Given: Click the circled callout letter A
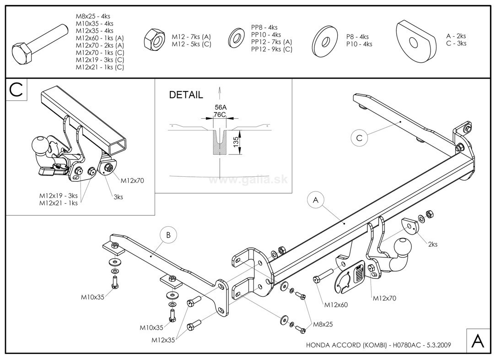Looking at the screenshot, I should tap(315, 200).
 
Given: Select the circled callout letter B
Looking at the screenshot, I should tap(168, 235).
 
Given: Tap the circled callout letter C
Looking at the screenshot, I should tap(359, 137).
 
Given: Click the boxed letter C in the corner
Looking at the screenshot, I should tap(16, 89).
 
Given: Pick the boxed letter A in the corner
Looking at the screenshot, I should tap(477, 341).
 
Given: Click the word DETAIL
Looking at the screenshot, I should tap(186, 95).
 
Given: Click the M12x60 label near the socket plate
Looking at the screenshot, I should tap(336, 304).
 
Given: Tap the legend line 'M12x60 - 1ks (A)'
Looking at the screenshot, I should tap(100, 38).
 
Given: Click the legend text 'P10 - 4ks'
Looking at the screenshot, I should tap(359, 44).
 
